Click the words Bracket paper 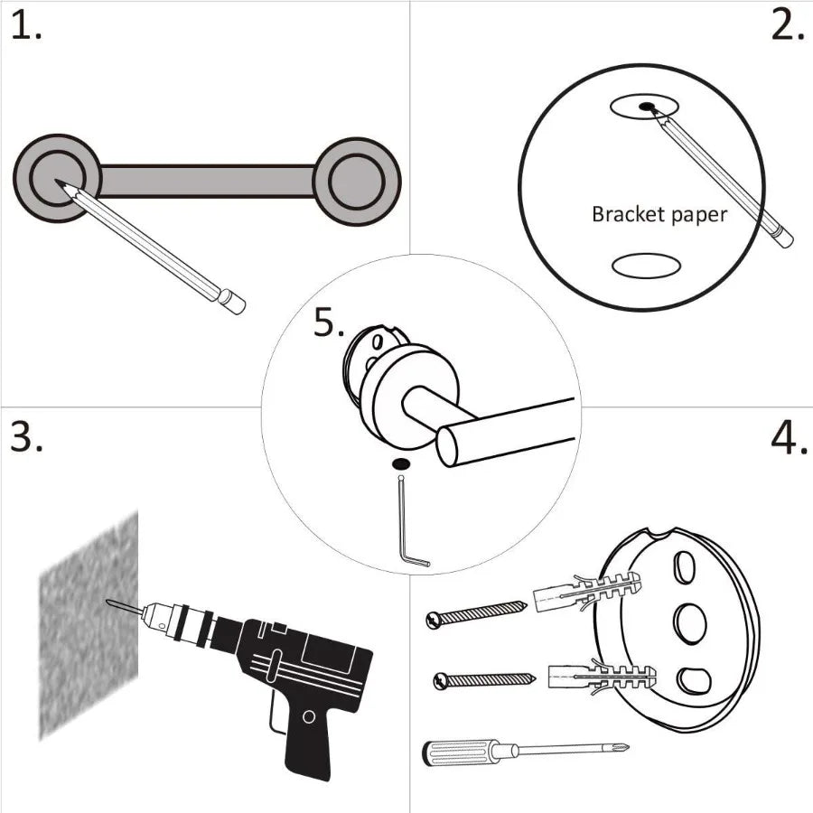pyautogui.click(x=659, y=214)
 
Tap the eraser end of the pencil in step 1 pyautogui.click(x=233, y=302)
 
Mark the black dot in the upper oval pyautogui.click(x=647, y=107)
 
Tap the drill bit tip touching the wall pyautogui.click(x=111, y=603)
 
